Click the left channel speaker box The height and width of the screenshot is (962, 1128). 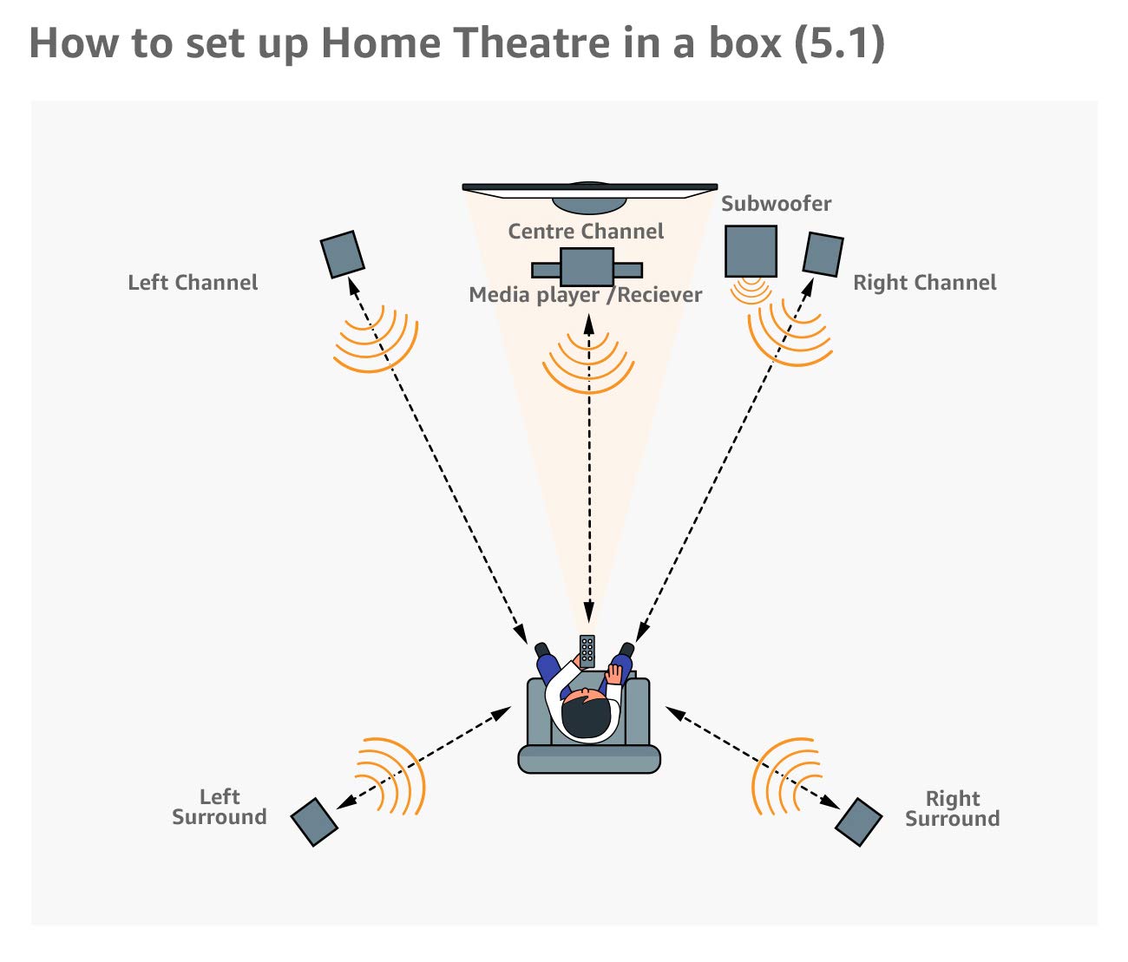[342, 254]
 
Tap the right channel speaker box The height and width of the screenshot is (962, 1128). [823, 254]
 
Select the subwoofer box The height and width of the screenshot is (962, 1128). [751, 251]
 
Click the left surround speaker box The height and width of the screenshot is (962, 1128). [314, 821]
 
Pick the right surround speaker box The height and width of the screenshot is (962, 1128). [859, 821]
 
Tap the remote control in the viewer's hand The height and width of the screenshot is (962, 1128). [587, 650]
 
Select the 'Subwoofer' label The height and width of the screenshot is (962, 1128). [776, 204]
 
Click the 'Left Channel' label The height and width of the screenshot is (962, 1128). [193, 283]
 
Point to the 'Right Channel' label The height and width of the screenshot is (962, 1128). [924, 283]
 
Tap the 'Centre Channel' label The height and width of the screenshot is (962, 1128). [586, 232]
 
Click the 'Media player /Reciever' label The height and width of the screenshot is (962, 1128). [586, 295]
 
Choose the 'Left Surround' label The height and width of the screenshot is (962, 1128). [220, 807]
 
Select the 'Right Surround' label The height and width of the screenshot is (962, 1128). [952, 808]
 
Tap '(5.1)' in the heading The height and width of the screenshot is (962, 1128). [839, 43]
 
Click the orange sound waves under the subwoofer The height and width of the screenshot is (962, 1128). [751, 291]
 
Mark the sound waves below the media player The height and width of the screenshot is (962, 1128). [588, 364]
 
